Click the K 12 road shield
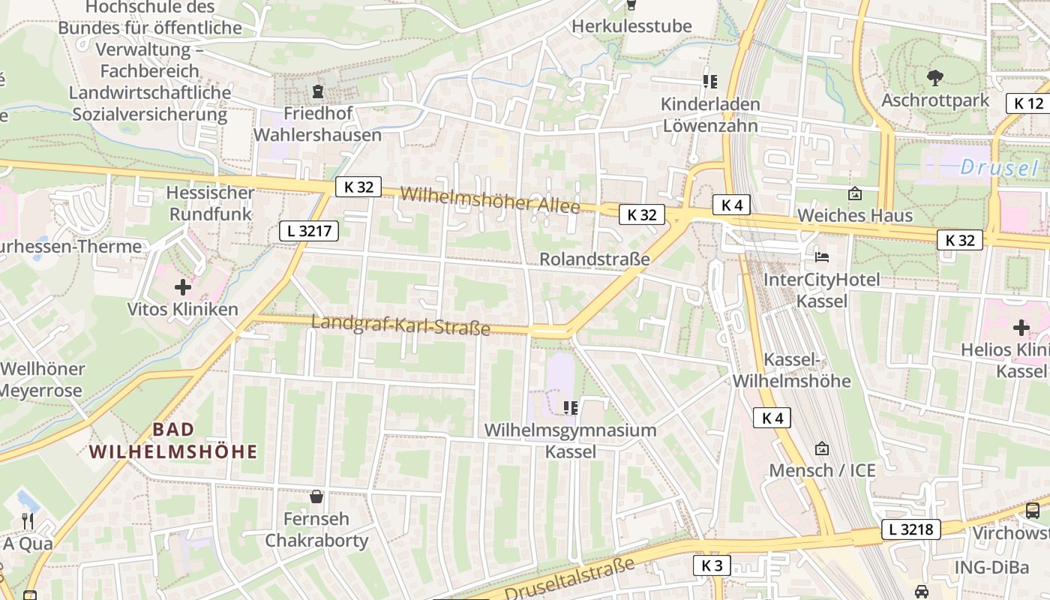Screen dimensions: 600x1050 click(1029, 103)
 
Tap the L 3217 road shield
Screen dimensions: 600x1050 click(309, 231)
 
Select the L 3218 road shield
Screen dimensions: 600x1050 click(910, 529)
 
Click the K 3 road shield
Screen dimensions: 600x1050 click(711, 565)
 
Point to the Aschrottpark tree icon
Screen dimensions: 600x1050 click(934, 77)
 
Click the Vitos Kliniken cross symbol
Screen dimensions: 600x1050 click(182, 286)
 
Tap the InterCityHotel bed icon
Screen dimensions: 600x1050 click(822, 257)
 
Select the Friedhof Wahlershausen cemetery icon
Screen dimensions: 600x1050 click(318, 92)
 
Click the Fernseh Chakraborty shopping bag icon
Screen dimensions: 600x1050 click(316, 496)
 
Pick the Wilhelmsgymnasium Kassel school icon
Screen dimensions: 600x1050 click(570, 407)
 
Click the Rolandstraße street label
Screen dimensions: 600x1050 click(595, 259)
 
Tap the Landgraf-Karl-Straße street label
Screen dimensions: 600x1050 click(400, 325)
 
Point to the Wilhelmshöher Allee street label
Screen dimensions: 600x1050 click(490, 199)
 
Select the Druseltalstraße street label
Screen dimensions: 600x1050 click(569, 578)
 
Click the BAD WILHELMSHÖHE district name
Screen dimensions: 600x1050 click(173, 441)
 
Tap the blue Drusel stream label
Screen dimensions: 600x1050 click(1000, 168)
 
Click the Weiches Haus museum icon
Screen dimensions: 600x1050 click(854, 193)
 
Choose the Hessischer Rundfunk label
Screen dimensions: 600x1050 click(211, 203)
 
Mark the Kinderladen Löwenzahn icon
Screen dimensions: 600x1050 click(709, 81)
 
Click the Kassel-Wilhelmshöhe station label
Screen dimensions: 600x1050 click(791, 370)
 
